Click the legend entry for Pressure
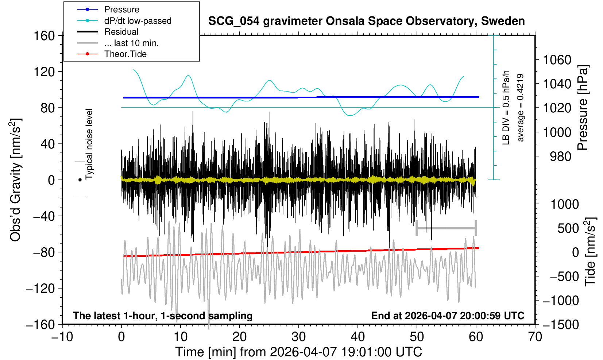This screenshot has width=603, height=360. [121, 9]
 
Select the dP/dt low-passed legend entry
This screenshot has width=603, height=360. [138, 21]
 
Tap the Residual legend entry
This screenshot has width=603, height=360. [121, 32]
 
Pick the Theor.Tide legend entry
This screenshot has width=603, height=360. [125, 54]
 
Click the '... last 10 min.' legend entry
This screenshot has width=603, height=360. [131, 43]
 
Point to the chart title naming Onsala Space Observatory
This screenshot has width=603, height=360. [366, 21]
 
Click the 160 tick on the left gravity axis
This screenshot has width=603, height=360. [44, 36]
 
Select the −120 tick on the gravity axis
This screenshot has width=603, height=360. [40, 289]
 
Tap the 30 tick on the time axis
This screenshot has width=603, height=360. [298, 336]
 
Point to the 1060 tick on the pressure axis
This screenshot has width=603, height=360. [557, 60]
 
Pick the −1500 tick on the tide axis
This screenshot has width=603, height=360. [561, 324]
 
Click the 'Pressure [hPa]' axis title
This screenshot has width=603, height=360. [583, 108]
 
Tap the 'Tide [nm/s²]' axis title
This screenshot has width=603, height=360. [590, 252]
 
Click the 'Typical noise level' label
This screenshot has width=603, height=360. [89, 144]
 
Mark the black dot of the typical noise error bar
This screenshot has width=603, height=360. [80, 180]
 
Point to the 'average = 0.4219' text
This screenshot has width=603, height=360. [520, 108]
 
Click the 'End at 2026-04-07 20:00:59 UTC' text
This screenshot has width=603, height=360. [448, 316]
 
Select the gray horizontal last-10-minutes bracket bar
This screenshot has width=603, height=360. [446, 228]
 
